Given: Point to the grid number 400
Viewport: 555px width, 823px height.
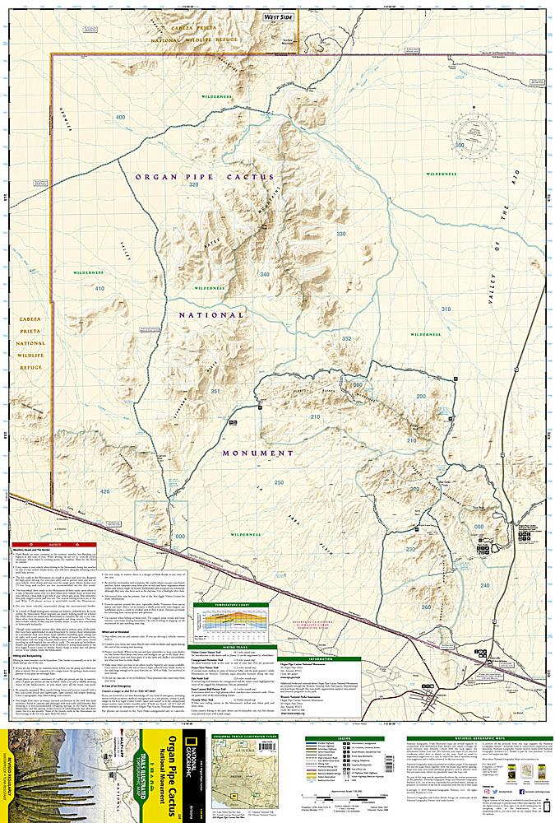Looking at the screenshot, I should [x=121, y=118].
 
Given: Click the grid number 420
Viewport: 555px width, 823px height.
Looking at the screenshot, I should [x=104, y=491].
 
